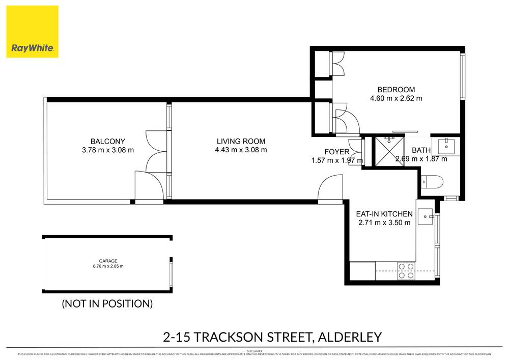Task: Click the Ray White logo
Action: coord(33,32)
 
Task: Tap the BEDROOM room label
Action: coord(396,90)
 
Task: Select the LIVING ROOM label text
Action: coord(241,141)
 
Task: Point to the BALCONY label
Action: coord(107,141)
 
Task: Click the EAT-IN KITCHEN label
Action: coord(384,214)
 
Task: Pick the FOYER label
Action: coord(337,152)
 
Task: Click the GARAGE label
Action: coord(107,261)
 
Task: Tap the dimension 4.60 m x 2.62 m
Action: coord(396,99)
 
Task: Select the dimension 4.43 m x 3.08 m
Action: coord(241,150)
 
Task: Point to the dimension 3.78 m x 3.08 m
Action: coord(107,150)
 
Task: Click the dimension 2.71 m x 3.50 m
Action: coord(384,223)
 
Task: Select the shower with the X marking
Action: coord(388,151)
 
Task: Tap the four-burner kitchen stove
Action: coord(405,270)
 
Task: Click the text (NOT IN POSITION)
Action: coord(107,304)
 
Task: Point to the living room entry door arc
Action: coord(330,187)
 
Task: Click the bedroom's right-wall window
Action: coord(462,76)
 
